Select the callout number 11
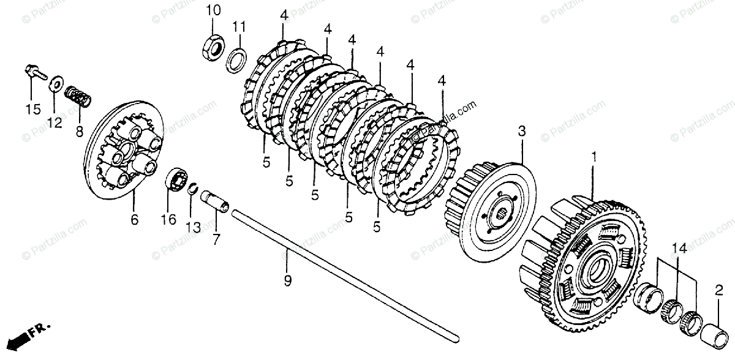point(238,27)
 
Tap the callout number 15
point(32,110)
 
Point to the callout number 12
point(55,123)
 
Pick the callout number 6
point(135,219)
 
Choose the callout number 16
point(168,219)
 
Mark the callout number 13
point(193,228)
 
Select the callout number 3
point(521,131)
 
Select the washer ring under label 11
point(237,61)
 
